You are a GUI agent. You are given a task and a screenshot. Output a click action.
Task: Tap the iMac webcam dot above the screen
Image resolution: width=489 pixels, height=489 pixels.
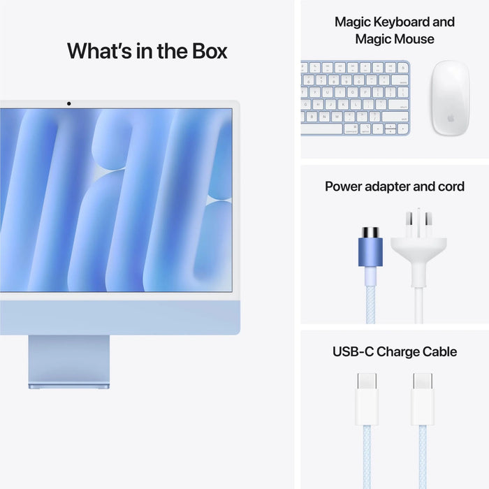pyautogui.click(x=68, y=104)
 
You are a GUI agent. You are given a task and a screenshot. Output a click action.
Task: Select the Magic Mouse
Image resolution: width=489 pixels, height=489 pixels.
pyautogui.click(x=449, y=97)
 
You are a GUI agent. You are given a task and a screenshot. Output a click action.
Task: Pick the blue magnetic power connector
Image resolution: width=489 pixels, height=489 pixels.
pyautogui.click(x=370, y=248)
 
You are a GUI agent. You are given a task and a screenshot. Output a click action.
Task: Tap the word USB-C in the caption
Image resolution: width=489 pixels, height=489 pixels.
pyautogui.click(x=353, y=351)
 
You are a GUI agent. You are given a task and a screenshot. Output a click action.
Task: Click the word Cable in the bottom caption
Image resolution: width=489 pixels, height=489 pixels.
pyautogui.click(x=438, y=351)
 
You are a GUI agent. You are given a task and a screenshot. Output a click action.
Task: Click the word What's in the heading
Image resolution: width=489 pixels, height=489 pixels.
pyautogui.click(x=98, y=51)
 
